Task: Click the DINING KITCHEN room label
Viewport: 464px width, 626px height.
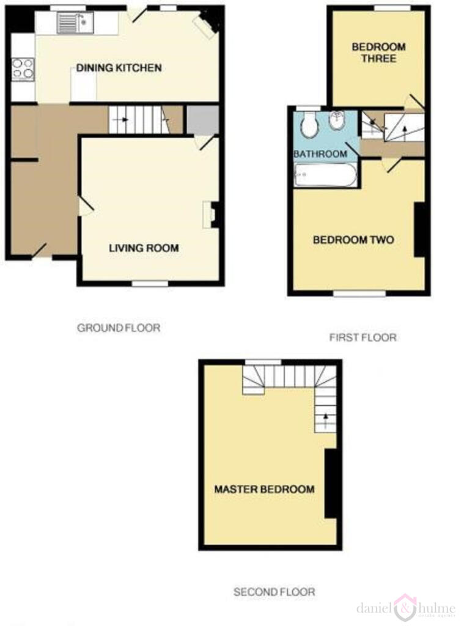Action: [119, 68]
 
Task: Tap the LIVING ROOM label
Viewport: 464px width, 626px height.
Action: [144, 248]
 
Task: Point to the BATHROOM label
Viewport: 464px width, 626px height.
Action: [320, 154]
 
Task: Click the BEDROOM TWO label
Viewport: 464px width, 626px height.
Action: [353, 240]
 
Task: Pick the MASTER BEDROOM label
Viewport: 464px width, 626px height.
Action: [264, 489]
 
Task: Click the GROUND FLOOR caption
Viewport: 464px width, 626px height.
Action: [119, 328]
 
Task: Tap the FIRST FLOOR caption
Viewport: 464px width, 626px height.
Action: [363, 337]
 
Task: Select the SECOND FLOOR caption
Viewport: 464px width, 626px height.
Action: [274, 592]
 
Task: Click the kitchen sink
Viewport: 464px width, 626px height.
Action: [73, 24]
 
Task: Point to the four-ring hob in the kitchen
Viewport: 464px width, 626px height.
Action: [23, 68]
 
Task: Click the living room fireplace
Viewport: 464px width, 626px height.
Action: [210, 215]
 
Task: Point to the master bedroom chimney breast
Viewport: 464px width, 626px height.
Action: [331, 484]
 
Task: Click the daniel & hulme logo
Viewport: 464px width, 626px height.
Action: [406, 608]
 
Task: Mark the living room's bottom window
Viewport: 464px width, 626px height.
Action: [150, 283]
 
